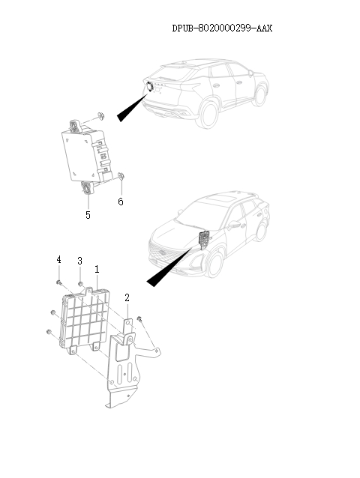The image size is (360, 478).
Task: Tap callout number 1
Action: point(97,268)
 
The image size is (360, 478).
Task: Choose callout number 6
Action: point(120,202)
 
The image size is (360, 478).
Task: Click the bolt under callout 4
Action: point(58,282)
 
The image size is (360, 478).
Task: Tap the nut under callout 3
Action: point(80,284)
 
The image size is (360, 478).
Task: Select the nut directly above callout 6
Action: point(121,178)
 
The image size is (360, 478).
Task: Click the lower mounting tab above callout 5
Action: point(88,188)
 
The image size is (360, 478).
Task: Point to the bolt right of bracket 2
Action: point(139,320)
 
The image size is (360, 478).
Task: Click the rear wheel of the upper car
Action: point(259,94)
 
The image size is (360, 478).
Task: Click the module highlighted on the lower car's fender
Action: point(202,239)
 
